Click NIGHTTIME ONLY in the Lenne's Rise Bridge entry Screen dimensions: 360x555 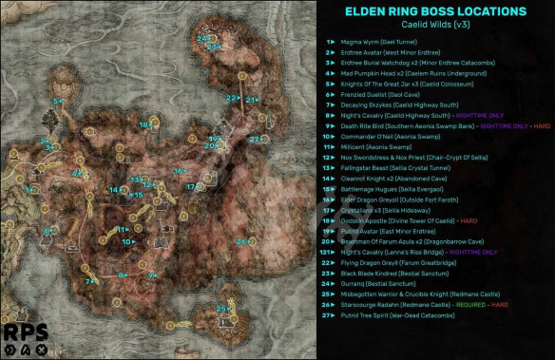(x=470, y=252)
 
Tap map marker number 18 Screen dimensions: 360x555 (x=144, y=124)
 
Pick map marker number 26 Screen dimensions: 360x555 (x=243, y=241)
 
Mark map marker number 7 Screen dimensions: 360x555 (x=88, y=280)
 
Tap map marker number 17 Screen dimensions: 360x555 (x=191, y=186)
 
